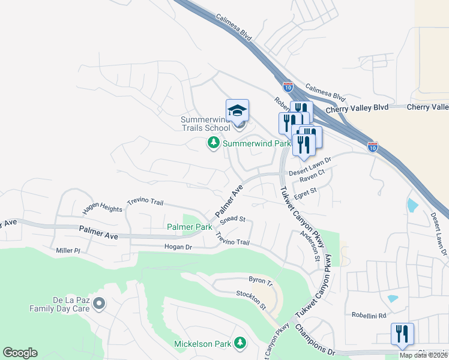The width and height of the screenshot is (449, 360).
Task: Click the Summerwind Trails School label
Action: point(205,124)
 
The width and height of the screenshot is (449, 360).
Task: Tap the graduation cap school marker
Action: point(237,111)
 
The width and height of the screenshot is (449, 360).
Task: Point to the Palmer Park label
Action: point(189,227)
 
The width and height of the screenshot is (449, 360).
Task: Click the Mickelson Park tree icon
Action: point(240,343)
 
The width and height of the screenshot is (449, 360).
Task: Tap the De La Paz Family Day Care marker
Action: point(100,304)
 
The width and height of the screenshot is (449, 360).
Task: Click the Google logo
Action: point(20,353)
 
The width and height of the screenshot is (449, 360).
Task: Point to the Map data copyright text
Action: point(424,355)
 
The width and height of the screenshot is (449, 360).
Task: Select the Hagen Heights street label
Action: point(102,209)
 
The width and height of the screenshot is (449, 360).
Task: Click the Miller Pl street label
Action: point(67,250)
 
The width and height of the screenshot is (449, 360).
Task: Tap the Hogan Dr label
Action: point(178,247)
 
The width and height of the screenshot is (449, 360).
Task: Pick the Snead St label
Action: point(234,220)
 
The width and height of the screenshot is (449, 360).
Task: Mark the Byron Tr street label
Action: point(260,280)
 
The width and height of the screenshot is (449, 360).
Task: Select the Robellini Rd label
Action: point(365,314)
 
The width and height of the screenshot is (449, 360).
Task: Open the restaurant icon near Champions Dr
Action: point(402,334)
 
